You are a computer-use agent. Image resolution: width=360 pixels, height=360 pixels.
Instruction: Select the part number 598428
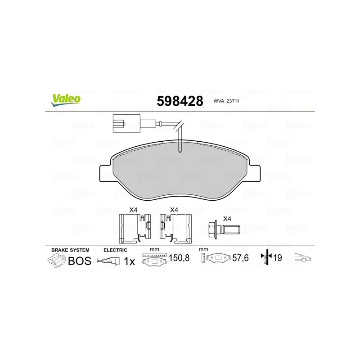(180, 100)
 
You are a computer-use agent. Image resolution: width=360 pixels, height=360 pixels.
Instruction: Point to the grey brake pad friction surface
(180, 173)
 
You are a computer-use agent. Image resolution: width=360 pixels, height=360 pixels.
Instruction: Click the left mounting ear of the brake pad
(104, 174)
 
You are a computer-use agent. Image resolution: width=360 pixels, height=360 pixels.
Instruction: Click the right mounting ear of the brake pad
(255, 173)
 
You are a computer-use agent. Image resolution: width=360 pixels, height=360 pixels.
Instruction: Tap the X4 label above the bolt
(227, 218)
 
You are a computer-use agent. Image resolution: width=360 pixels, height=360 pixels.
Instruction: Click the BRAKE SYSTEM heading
(70, 250)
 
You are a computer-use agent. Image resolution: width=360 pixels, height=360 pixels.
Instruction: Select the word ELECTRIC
(115, 250)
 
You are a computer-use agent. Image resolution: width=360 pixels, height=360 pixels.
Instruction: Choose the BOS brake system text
(79, 261)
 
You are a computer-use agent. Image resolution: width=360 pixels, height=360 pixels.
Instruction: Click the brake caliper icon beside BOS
(57, 261)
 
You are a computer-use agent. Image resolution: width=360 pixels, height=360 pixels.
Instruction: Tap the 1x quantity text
(129, 261)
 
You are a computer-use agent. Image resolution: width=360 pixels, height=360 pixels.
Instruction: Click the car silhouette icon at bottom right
(303, 259)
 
